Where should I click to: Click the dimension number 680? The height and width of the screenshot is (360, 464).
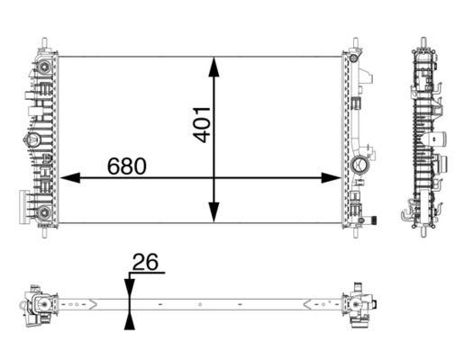point(127,166)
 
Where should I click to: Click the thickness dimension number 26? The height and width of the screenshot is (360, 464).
point(146,263)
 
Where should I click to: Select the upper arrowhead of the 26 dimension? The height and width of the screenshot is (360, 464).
point(130,287)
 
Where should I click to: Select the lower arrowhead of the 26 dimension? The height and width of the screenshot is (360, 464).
point(130,321)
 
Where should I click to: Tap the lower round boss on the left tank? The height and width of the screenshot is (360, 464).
point(42,213)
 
